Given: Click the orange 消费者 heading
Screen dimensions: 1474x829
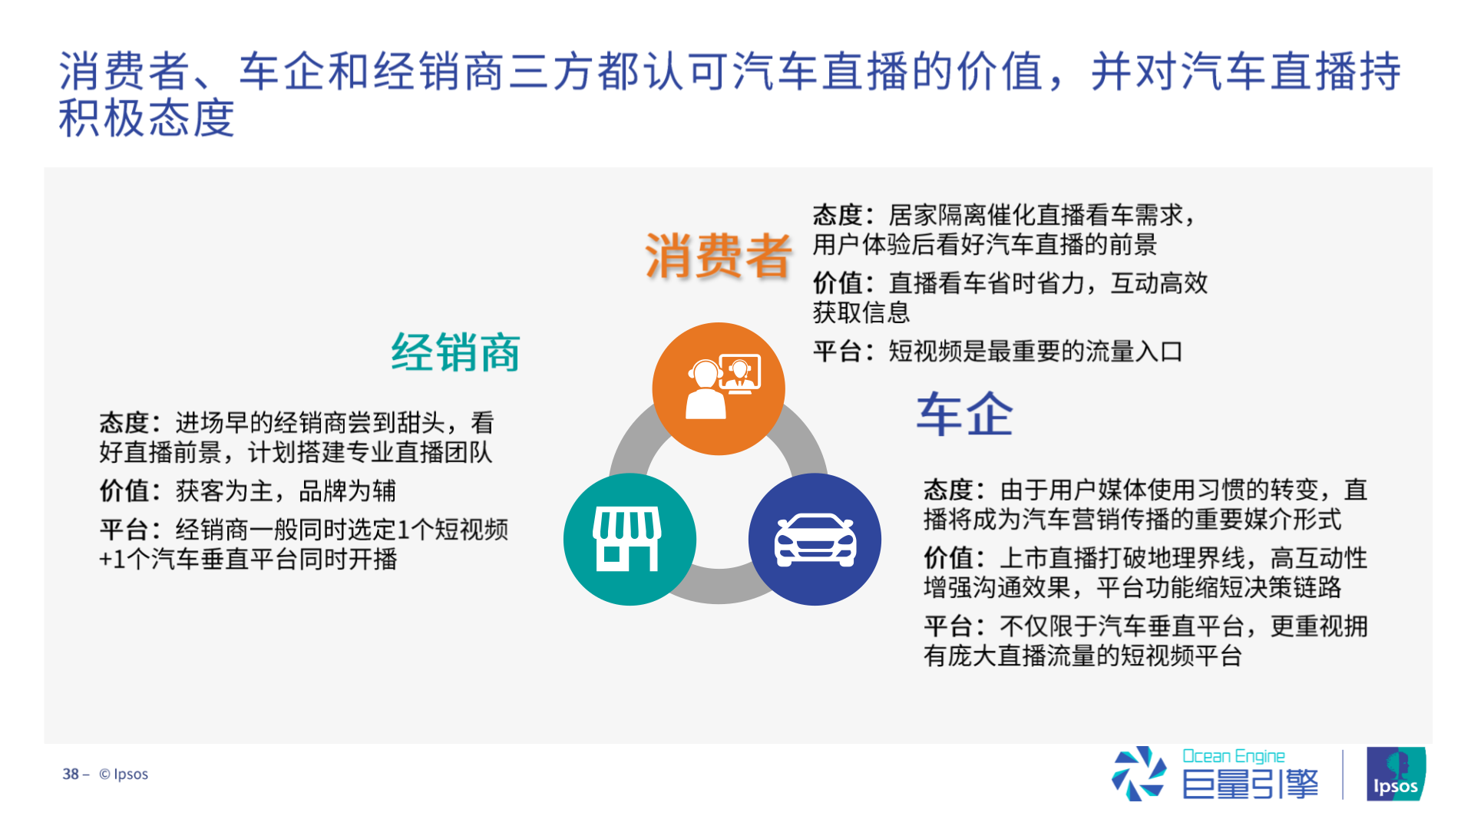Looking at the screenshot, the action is (x=718, y=256).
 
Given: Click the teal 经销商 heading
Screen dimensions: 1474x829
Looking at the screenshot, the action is (x=455, y=352).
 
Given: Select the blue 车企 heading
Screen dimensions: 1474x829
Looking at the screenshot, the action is (x=965, y=414).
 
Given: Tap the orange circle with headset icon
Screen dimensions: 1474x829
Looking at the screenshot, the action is (x=719, y=388).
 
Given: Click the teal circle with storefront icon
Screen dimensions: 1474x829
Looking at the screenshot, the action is (x=630, y=539).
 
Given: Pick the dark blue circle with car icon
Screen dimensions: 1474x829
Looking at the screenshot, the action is (x=815, y=539).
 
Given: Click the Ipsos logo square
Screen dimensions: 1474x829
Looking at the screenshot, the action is (x=1396, y=774).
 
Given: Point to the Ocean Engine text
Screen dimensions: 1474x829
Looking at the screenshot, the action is (x=1233, y=756).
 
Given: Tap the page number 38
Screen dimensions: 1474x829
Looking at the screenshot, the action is (x=71, y=774).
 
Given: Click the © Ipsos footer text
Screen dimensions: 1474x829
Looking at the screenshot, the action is (x=124, y=774).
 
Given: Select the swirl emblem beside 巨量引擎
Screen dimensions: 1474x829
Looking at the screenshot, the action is (x=1139, y=773).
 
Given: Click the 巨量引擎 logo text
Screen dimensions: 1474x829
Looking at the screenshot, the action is (x=1250, y=784).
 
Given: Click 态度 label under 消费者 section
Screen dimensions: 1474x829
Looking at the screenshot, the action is (x=838, y=215).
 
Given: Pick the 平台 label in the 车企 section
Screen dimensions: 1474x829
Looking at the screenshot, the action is (x=948, y=626).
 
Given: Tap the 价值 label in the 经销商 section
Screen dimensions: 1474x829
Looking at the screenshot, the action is (x=124, y=490).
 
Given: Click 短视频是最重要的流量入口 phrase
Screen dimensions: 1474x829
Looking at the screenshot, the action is (x=1036, y=352).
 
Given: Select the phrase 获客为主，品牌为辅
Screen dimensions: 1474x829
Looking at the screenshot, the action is (x=286, y=490).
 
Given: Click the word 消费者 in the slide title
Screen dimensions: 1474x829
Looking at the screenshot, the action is (x=124, y=71).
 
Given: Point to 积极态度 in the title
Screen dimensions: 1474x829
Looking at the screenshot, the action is (x=147, y=117).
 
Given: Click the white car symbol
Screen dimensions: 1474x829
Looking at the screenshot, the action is (x=815, y=540).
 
